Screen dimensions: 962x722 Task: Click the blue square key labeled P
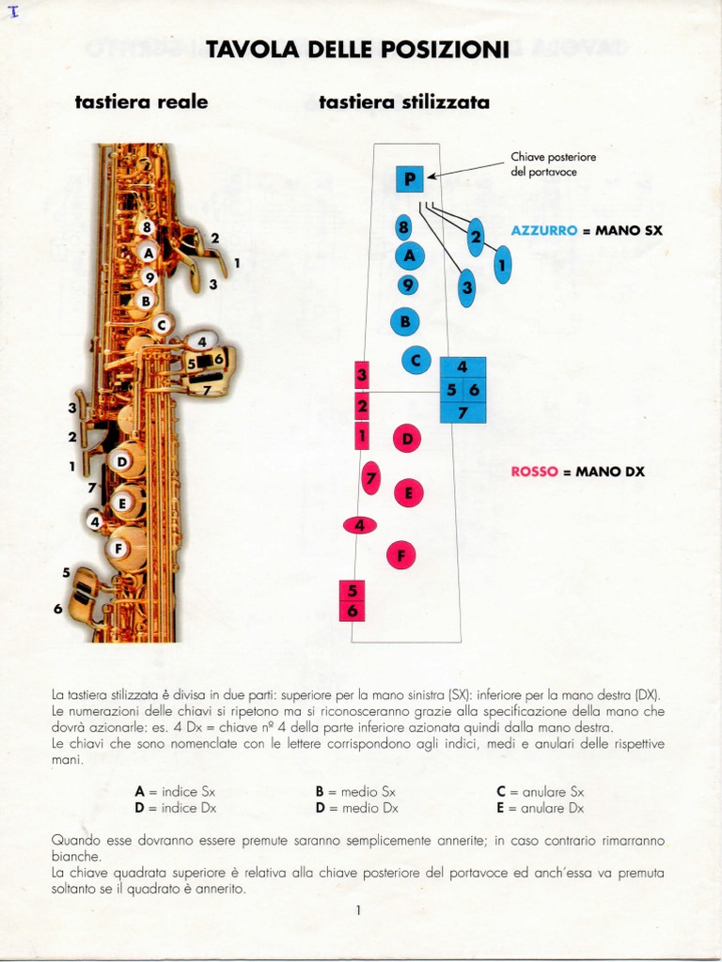[410, 178]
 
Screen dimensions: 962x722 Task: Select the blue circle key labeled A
[409, 255]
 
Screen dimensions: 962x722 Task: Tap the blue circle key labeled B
[405, 321]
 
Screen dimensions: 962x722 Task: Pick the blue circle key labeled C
[416, 360]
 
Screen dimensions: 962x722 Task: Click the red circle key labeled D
[407, 438]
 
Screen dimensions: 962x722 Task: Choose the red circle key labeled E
[408, 492]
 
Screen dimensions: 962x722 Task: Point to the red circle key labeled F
[401, 555]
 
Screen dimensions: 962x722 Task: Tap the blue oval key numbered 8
[403, 226]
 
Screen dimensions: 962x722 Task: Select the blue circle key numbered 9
[407, 285]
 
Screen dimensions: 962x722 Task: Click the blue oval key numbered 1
[502, 266]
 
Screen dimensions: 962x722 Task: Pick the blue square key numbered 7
[463, 411]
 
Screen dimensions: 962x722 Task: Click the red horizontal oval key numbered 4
[359, 525]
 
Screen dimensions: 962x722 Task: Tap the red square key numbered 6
[353, 611]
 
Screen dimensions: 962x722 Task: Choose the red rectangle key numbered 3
[361, 376]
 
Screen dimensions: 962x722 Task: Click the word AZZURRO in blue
[544, 229]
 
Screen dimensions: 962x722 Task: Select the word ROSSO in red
[534, 472]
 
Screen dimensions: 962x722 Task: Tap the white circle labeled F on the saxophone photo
[118, 549]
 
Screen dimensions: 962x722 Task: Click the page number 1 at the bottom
[358, 909]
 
